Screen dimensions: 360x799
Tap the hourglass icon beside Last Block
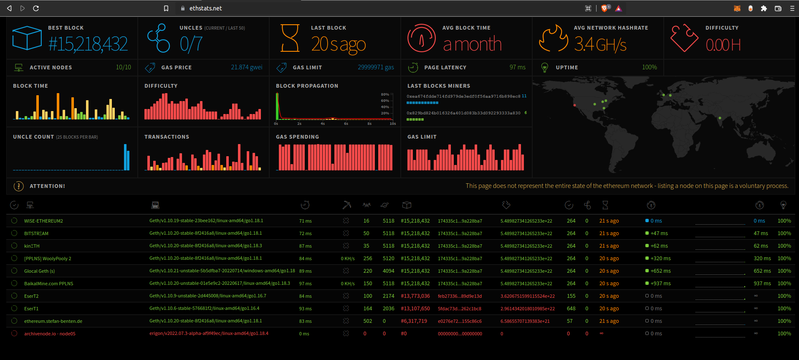click(x=290, y=38)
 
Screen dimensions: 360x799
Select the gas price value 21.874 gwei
click(x=246, y=67)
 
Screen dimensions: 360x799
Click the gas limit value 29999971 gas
click(x=376, y=67)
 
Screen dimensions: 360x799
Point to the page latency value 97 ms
click(x=517, y=67)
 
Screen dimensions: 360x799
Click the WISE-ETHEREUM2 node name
click(x=43, y=221)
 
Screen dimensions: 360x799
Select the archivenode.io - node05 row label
click(x=50, y=334)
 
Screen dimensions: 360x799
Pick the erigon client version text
click(x=209, y=333)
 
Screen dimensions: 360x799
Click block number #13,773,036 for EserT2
click(x=415, y=296)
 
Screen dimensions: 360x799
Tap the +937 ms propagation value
click(x=660, y=284)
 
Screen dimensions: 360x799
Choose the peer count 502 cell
click(x=367, y=321)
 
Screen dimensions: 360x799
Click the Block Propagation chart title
click(x=307, y=86)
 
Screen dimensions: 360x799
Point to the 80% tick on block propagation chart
click(x=384, y=94)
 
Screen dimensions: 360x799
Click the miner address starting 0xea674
click(x=463, y=96)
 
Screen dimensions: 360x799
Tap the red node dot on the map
click(x=575, y=105)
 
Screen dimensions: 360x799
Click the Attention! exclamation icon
click(x=19, y=186)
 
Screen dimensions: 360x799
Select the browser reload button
click(x=36, y=8)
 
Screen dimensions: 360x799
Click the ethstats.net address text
click(x=205, y=8)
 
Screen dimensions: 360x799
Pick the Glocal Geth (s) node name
click(x=39, y=271)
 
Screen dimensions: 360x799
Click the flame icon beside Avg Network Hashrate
click(x=553, y=38)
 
